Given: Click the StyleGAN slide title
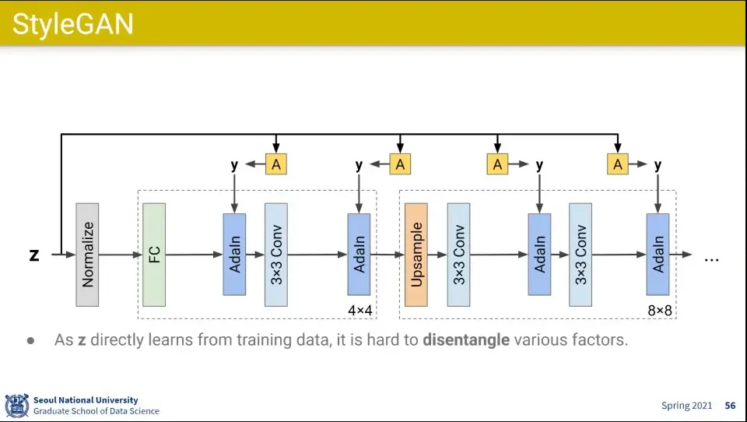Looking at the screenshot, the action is pos(73,24).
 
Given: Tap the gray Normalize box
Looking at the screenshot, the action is pos(87,255).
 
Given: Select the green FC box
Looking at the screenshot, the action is pos(154,255).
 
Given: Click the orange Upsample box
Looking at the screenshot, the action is pos(416,255).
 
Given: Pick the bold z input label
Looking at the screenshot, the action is pos(34,255).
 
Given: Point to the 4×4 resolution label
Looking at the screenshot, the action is pos(360,311).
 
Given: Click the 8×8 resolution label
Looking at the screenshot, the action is pos(659,311).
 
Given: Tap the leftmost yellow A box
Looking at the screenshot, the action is pos(275,164).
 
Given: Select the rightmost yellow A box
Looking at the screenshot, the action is pos(618,164).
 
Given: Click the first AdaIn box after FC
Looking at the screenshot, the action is pos(234,255).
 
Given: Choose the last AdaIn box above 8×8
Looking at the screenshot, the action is pos(658,255).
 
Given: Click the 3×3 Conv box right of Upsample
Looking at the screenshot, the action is pos(459,255).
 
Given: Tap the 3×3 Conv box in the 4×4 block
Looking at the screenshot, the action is pos(276,255).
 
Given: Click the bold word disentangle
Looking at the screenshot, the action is pos(466,340).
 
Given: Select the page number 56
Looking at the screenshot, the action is pos(730,406).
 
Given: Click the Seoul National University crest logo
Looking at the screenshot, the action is pos(17,405).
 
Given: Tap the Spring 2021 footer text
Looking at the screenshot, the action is pos(686,406).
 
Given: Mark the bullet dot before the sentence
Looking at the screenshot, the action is pos(31,341).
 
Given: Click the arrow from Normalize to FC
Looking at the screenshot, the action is pos(121,255).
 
